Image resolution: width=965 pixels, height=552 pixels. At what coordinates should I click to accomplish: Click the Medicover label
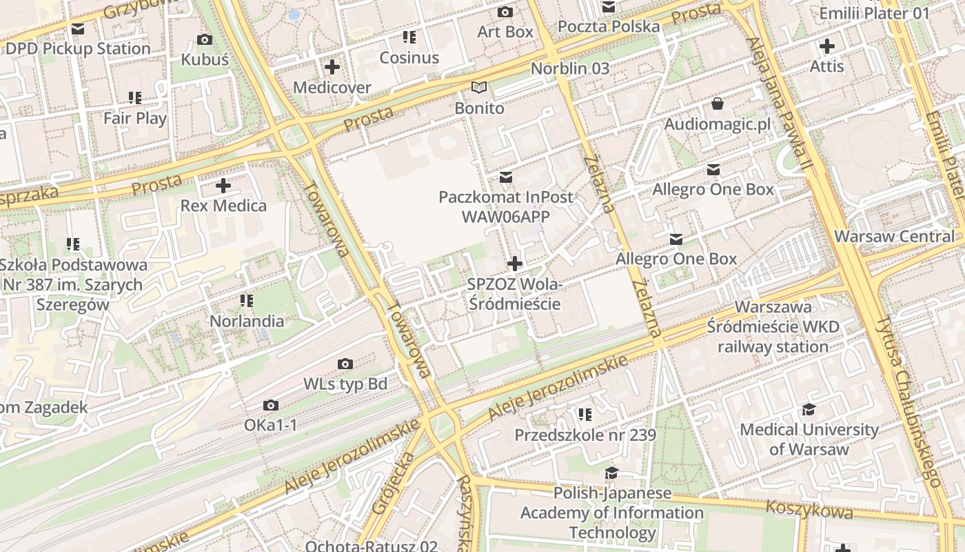332,88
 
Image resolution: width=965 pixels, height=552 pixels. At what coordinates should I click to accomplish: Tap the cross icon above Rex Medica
223,186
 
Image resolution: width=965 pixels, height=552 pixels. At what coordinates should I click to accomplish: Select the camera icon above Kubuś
205,40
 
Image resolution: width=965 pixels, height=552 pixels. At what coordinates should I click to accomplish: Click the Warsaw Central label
894,236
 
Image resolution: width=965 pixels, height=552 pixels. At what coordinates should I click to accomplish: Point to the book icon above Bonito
479,88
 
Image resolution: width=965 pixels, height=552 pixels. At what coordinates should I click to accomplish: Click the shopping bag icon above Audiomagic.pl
718,104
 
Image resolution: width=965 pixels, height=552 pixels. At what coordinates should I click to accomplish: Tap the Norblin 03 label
570,68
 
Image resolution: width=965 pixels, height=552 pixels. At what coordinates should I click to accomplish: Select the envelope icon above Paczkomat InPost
506,177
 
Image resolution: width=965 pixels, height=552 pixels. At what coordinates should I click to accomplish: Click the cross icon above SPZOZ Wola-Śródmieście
514,264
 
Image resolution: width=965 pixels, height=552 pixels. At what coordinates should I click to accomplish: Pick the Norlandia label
247,321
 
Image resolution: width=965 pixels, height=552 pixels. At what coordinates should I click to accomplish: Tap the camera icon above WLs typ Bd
345,364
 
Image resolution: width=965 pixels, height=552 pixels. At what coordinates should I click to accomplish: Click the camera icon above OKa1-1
271,405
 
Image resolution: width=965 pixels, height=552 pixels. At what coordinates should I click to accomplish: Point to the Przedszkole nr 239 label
585,435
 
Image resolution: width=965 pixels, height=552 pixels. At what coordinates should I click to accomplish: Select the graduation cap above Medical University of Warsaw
809,410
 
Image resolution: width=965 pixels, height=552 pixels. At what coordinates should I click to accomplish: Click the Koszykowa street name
809,509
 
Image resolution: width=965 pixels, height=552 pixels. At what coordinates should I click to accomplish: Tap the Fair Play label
135,118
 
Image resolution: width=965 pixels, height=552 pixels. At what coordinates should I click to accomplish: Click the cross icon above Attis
826,46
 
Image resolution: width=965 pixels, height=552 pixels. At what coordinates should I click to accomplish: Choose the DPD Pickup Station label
78,49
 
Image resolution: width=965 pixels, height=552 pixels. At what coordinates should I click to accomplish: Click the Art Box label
505,32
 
